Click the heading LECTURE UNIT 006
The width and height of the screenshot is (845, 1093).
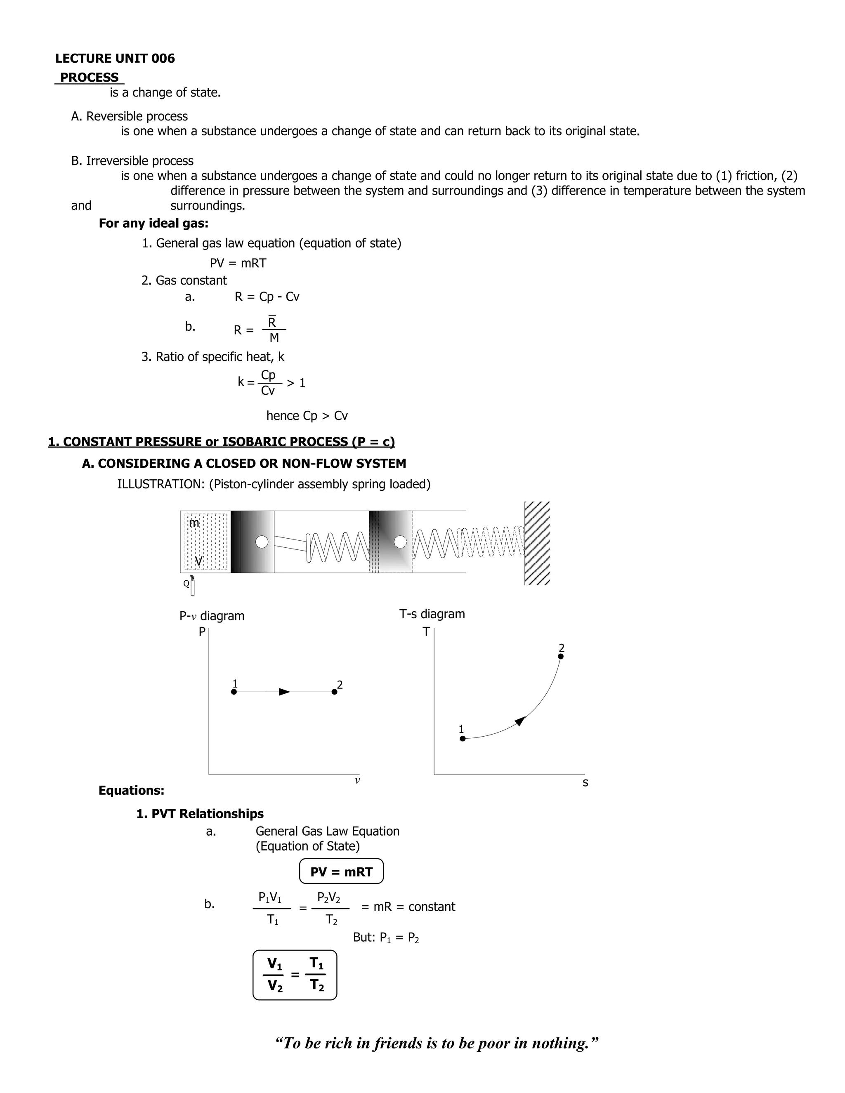(x=115, y=59)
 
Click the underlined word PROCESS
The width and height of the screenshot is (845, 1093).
(x=89, y=78)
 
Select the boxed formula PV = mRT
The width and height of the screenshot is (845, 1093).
(x=341, y=872)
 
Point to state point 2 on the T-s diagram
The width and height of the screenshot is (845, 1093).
(x=561, y=656)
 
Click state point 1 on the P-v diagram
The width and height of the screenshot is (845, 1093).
(x=234, y=692)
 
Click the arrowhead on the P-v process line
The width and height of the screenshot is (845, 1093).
(x=284, y=692)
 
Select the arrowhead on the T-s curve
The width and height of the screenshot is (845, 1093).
(x=520, y=721)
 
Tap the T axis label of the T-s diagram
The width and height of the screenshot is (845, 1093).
(x=426, y=632)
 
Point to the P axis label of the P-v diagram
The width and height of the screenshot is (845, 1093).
(x=202, y=632)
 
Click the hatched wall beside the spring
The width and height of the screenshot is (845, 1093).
(x=537, y=543)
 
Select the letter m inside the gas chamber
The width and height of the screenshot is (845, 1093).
(x=194, y=523)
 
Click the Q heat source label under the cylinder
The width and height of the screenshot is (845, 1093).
(x=186, y=584)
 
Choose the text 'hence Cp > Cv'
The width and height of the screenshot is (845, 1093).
(x=307, y=416)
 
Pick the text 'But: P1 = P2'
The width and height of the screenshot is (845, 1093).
(x=385, y=938)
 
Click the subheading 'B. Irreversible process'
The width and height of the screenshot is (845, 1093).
(x=132, y=160)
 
